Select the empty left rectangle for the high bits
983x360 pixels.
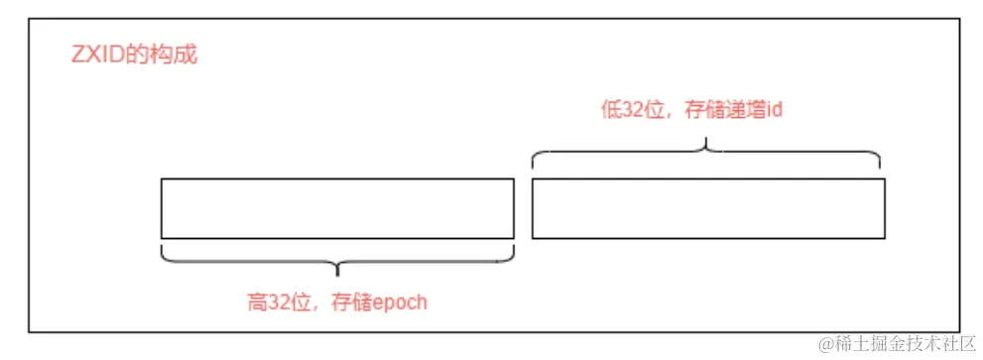(337, 208)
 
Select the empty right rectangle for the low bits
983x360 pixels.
(708, 208)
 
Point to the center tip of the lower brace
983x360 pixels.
(337, 272)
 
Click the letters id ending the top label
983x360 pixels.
(775, 110)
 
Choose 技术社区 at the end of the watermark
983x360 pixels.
(937, 343)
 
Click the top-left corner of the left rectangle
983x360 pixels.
(162, 180)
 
